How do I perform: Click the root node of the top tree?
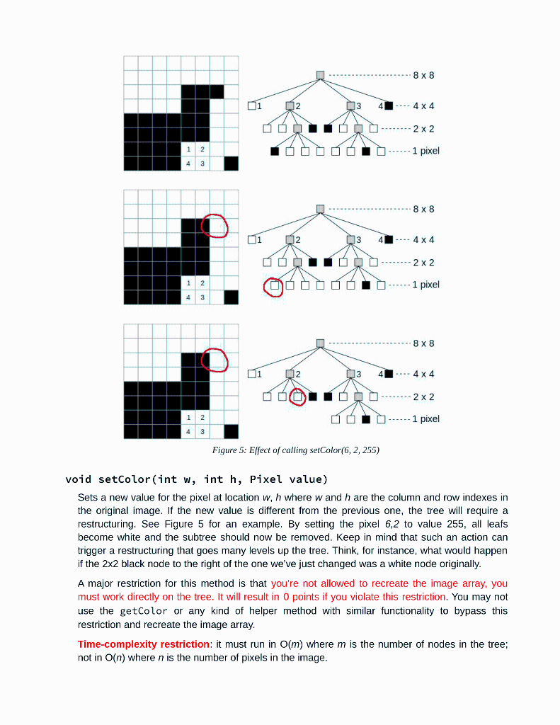(x=320, y=75)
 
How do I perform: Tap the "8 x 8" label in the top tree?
(x=423, y=75)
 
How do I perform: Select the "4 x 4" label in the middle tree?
(x=423, y=240)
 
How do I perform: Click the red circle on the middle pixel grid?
(x=215, y=225)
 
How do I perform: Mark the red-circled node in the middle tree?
(x=273, y=287)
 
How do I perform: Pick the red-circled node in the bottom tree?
(x=297, y=396)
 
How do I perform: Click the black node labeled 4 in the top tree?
(x=388, y=106)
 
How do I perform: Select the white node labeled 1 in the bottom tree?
(x=251, y=374)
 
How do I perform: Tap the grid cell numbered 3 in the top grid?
(x=202, y=164)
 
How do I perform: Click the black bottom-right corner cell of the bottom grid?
(x=231, y=431)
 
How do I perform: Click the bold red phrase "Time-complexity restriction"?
(x=143, y=644)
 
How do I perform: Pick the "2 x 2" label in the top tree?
(x=423, y=129)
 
